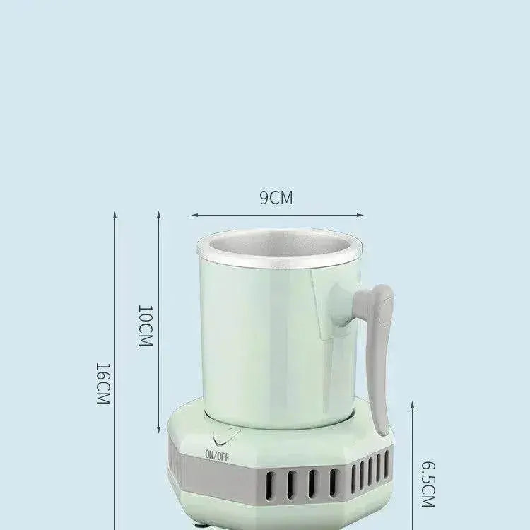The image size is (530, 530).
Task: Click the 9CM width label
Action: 276,198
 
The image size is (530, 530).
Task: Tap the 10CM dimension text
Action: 144,326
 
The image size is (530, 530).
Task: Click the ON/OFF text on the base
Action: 217,455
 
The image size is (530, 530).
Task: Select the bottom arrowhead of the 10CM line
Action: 158,431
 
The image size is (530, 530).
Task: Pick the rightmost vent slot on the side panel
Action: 387,463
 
